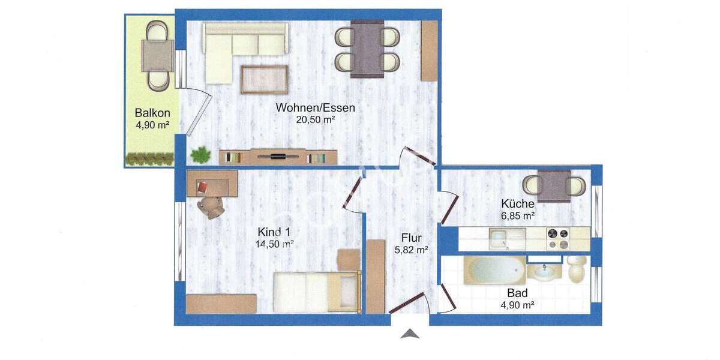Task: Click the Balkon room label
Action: pos(152,113)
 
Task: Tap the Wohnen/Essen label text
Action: pos(315,108)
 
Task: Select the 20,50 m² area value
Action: pos(315,119)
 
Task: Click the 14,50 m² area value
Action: pos(274,244)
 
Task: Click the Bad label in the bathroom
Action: pos(517,293)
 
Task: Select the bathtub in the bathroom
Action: pos(495,271)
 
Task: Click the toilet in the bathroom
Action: pos(577,269)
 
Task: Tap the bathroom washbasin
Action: pos(544,272)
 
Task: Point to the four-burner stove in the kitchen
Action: pos(558,239)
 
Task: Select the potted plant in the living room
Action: pos(200,155)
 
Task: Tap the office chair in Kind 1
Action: pos(211,207)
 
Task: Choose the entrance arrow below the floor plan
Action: pos(409,334)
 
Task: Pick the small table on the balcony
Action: pos(158,55)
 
